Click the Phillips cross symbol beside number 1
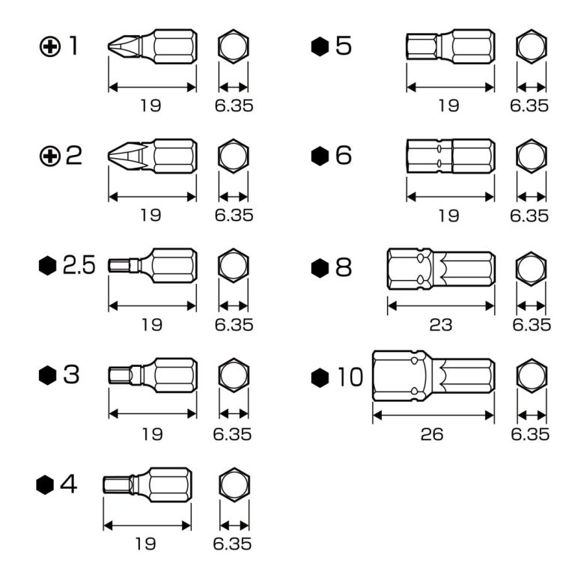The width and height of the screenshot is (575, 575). [x=50, y=46]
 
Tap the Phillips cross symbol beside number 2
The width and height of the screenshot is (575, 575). [x=50, y=156]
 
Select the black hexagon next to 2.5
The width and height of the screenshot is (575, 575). [x=48, y=266]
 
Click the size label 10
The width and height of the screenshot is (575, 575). [x=350, y=377]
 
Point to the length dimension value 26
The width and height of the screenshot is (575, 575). [x=432, y=434]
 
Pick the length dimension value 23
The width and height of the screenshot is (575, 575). [x=441, y=325]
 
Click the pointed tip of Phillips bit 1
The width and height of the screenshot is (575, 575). [x=109, y=46]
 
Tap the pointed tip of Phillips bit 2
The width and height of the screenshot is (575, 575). [x=109, y=156]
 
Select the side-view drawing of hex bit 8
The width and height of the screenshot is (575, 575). [x=441, y=269]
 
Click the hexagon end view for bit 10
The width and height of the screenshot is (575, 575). [x=532, y=375]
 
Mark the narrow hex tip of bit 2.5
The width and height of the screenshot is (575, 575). [x=119, y=266]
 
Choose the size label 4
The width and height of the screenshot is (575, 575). [x=69, y=484]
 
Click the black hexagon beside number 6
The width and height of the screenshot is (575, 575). [x=320, y=156]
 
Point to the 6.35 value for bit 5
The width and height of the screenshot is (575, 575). [x=529, y=106]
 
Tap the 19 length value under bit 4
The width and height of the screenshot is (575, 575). [x=145, y=544]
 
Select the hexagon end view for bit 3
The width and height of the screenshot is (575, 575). [x=234, y=375]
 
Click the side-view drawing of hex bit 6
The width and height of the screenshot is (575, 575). [x=451, y=156]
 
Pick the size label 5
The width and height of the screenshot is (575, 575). [x=344, y=46]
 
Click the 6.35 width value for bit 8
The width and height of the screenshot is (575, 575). [x=532, y=325]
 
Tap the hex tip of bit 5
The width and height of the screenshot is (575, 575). [x=422, y=46]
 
